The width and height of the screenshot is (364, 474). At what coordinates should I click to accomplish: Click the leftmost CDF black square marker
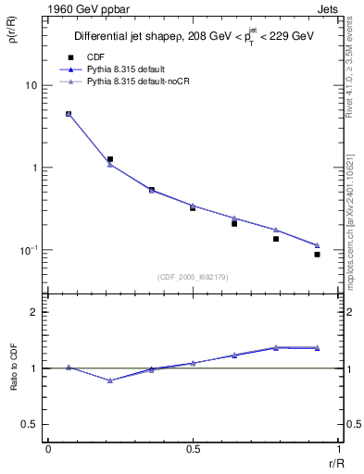coord(69,114)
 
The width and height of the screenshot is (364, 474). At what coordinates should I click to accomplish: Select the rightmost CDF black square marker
coord(317,254)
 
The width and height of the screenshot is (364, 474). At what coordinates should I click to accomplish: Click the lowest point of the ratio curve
coord(110,380)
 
